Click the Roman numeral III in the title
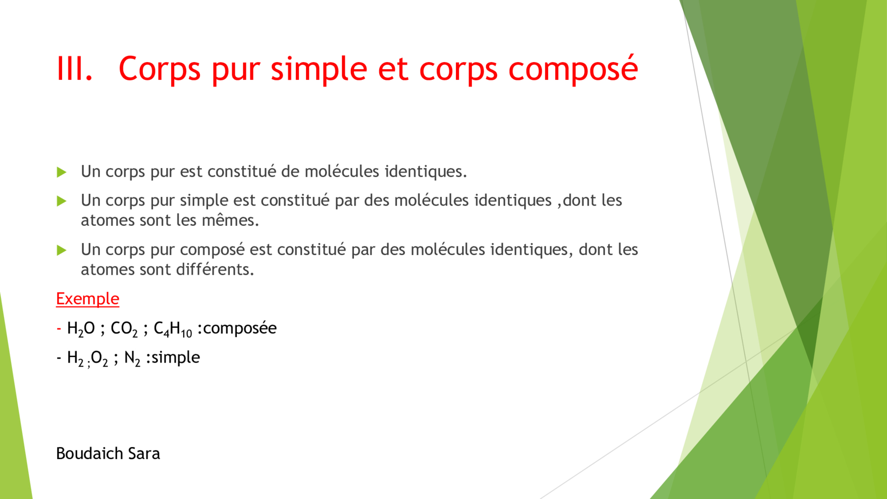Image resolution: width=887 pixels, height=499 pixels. coord(74,68)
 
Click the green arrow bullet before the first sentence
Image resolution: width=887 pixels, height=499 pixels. coord(62,172)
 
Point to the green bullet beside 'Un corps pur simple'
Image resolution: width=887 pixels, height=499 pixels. coord(62,201)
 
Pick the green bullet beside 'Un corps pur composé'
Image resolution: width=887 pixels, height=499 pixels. coord(62,250)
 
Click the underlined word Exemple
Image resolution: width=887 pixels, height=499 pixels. coord(87,298)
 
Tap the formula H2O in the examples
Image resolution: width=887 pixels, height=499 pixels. coord(81,329)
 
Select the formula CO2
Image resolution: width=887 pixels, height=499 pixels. coord(124,329)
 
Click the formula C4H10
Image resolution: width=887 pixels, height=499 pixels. coord(173,329)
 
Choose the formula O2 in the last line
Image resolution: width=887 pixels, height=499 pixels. coord(99,359)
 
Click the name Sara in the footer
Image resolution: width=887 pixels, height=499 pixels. coord(144,454)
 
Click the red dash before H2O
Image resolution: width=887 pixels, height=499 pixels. coord(59,329)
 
